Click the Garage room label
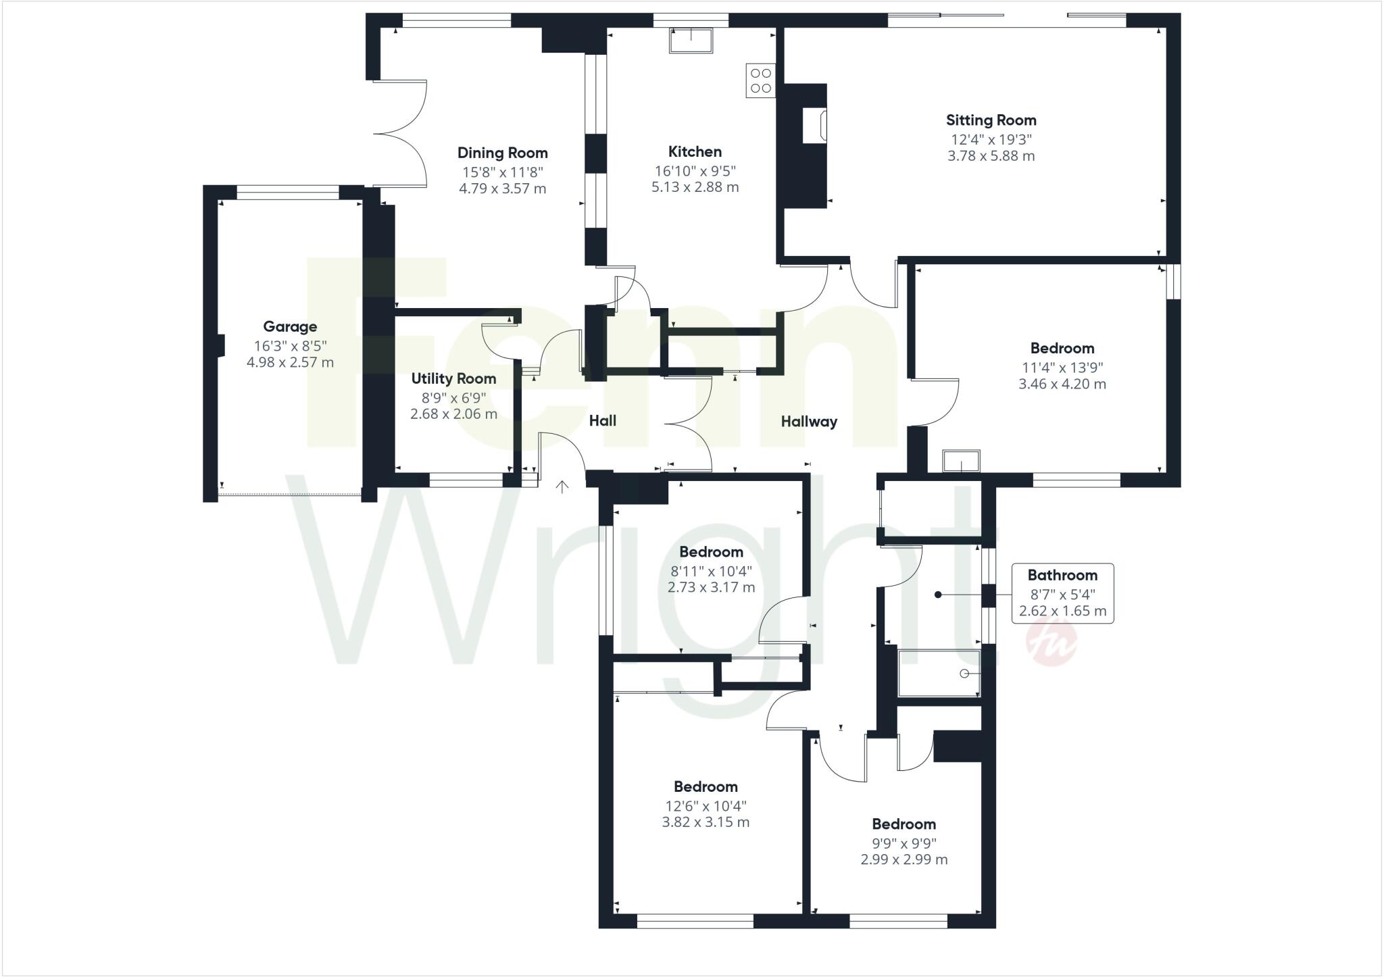pyautogui.click(x=290, y=327)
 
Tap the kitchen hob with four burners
pyautogui.click(x=761, y=80)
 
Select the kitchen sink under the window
pyautogui.click(x=691, y=41)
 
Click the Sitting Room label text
pyautogui.click(x=991, y=120)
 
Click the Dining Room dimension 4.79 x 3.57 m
pyautogui.click(x=502, y=189)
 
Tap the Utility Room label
pyautogui.click(x=453, y=378)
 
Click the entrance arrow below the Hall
pyautogui.click(x=562, y=486)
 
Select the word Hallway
pyautogui.click(x=809, y=422)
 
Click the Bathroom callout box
pyautogui.click(x=1062, y=593)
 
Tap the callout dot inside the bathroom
pyautogui.click(x=938, y=595)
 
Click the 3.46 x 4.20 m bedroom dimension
pyautogui.click(x=1062, y=384)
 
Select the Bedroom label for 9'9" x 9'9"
pyautogui.click(x=904, y=824)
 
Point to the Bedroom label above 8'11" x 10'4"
pyautogui.click(x=711, y=552)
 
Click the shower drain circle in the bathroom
pyautogui.click(x=964, y=674)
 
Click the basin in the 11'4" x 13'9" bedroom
pyautogui.click(x=961, y=461)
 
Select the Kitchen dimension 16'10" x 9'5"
pyautogui.click(x=695, y=171)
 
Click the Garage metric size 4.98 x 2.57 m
pyautogui.click(x=290, y=362)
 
